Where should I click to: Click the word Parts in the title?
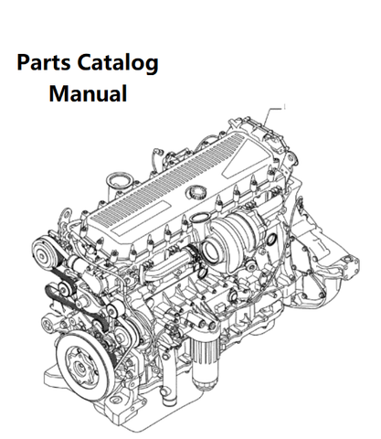coord(44,63)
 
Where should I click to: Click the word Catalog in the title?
coord(118,64)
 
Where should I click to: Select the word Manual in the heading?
coord(88,93)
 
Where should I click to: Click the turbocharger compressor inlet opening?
coord(211,252)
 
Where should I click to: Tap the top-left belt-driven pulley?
coord(43,252)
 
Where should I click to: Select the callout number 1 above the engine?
coord(284,107)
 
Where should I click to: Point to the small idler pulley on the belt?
coord(64,288)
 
